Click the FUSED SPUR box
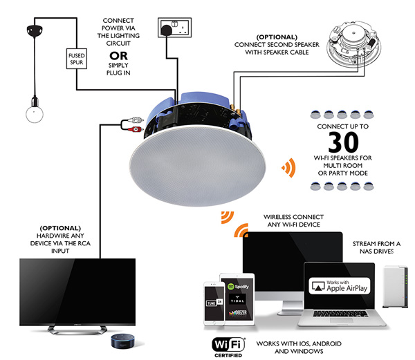[x=77, y=59]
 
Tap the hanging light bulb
[x=35, y=113]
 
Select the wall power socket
[x=175, y=28]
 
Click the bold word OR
[x=118, y=56]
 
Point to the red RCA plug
[x=136, y=129]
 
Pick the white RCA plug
[x=136, y=120]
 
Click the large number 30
[x=343, y=142]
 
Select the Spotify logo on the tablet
[x=238, y=286]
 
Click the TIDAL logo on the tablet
[x=237, y=299]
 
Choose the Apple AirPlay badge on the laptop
[x=340, y=286]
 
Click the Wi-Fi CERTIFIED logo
[x=228, y=348]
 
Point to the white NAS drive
[x=395, y=287]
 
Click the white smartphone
[x=214, y=303]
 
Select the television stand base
[x=77, y=330]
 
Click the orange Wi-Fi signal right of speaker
[x=288, y=168]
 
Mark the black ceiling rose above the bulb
[x=35, y=30]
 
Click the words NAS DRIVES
[x=376, y=252]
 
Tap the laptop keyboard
[x=340, y=314]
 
